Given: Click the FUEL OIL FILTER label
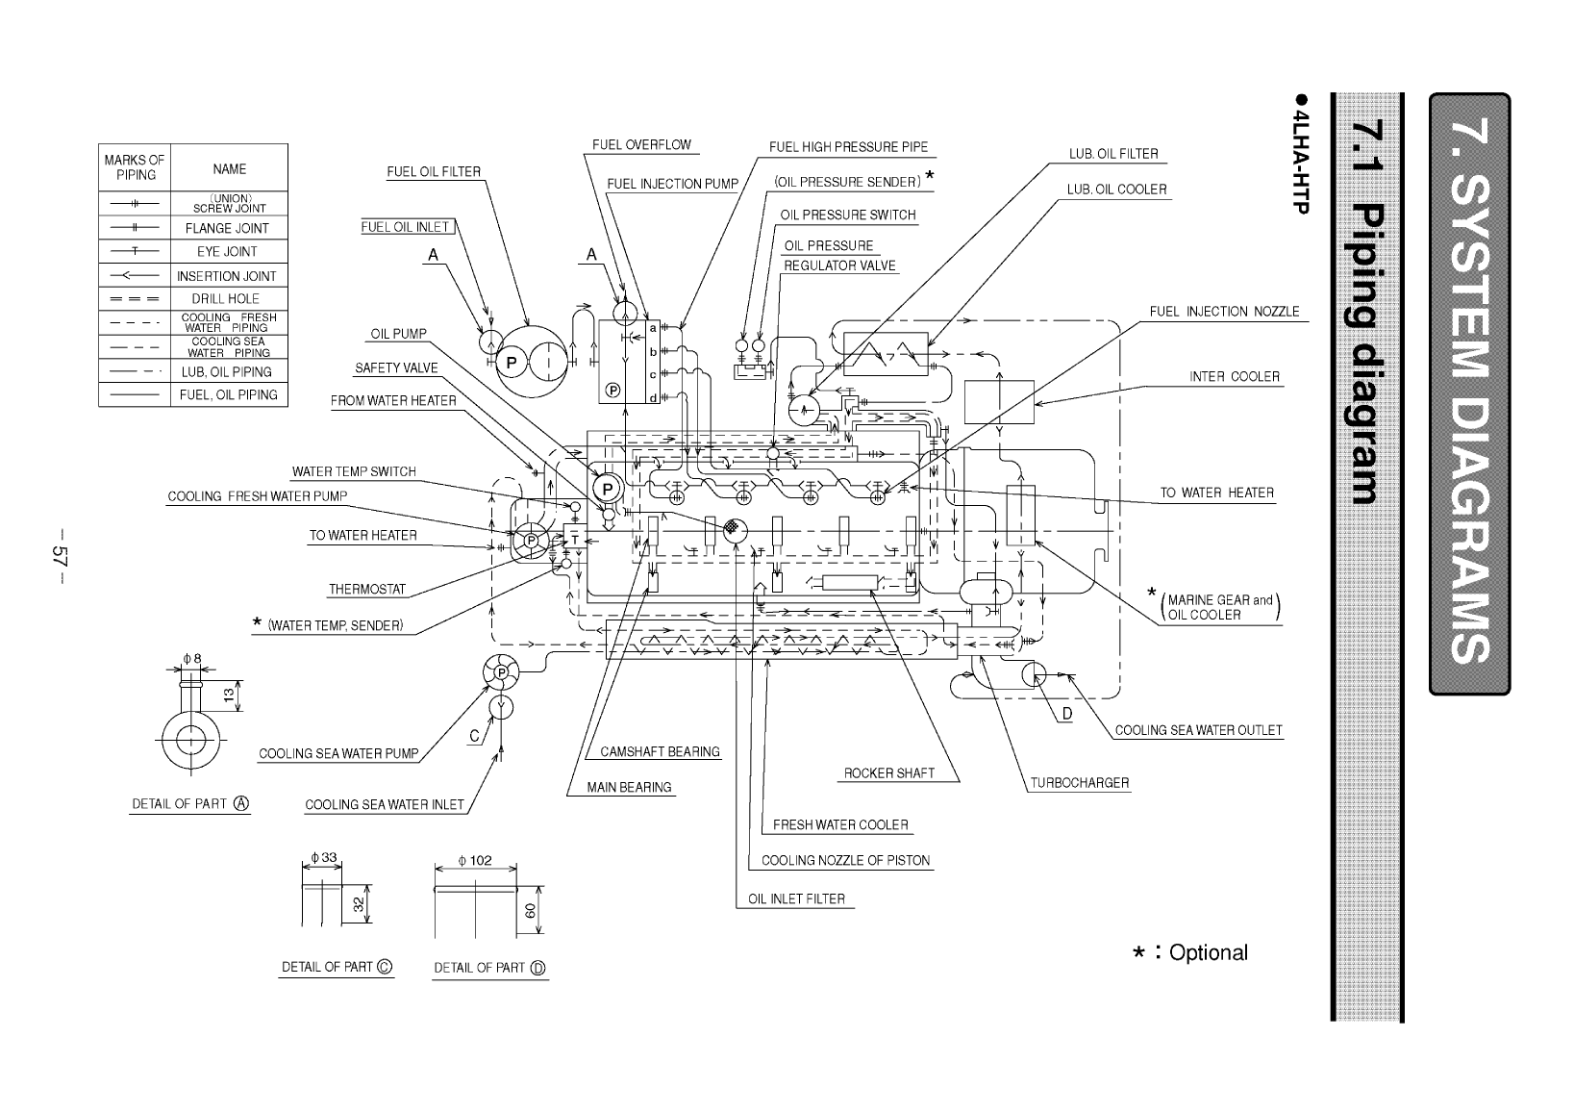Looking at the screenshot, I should pyautogui.click(x=434, y=172).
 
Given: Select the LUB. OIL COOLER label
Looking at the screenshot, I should pyautogui.click(x=1116, y=190).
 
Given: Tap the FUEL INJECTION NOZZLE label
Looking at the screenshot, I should pyautogui.click(x=1224, y=312).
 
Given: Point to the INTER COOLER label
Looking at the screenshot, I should pyautogui.click(x=1235, y=376).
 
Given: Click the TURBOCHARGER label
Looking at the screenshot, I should pyautogui.click(x=1080, y=783).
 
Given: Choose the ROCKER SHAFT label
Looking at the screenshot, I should pyautogui.click(x=889, y=772).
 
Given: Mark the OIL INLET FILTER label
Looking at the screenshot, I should pyautogui.click(x=796, y=899).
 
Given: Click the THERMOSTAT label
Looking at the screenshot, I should pyautogui.click(x=367, y=590).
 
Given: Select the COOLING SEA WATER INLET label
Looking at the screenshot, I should pyautogui.click(x=385, y=804).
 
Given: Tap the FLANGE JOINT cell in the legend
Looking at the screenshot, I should pyautogui.click(x=228, y=229).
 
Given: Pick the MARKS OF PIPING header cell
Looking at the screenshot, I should pyautogui.click(x=135, y=167).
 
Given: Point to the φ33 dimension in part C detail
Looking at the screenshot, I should pyautogui.click(x=323, y=857).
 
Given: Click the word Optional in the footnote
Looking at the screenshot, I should pyautogui.click(x=1209, y=952).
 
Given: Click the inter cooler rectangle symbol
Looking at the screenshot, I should pyautogui.click(x=999, y=401).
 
